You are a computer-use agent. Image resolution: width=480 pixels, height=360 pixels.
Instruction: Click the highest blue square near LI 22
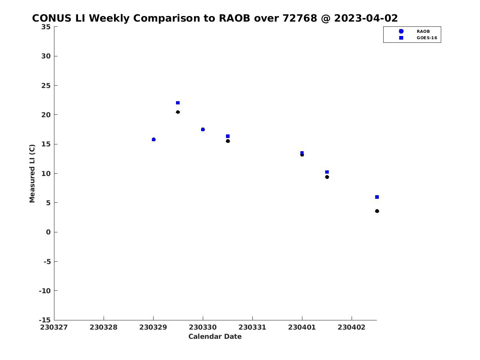pos(178,103)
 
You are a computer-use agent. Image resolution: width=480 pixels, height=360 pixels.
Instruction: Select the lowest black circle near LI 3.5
pos(377,211)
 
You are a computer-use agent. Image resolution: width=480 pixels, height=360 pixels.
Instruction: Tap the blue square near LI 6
pos(377,197)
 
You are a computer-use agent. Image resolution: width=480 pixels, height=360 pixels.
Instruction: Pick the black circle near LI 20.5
pos(178,112)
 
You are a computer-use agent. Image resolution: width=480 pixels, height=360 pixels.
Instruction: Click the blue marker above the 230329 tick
pos(154,140)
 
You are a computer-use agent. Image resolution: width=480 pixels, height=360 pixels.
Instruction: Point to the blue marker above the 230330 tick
pos(203,129)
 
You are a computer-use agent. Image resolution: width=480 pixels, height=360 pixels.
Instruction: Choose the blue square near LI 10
pos(327,172)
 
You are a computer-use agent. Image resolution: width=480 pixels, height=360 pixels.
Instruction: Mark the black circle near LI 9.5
pos(327,177)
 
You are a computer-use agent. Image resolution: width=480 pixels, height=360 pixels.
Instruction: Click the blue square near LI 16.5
pos(228,136)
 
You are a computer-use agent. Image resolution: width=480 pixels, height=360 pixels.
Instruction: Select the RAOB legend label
pos(423,31)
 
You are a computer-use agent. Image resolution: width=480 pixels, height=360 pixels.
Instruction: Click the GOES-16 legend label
pos(427,38)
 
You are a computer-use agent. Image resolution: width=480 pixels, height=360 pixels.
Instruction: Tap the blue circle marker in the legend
pos(401,31)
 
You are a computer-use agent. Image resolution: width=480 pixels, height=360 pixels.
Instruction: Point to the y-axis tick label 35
pos(46,27)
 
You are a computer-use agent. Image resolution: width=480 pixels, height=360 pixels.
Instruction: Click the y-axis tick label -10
pos(45,291)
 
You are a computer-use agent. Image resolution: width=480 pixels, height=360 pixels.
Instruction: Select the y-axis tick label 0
pos(48,232)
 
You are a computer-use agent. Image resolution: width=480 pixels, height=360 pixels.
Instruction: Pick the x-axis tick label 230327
pos(54,327)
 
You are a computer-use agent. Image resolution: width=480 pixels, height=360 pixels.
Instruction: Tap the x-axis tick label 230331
pos(252,327)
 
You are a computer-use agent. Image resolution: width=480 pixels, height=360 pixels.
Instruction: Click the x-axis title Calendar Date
pos(215,336)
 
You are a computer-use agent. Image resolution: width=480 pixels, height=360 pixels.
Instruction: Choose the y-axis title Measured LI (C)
pos(32,174)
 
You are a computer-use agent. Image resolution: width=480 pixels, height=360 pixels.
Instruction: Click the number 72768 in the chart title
pos(300,18)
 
